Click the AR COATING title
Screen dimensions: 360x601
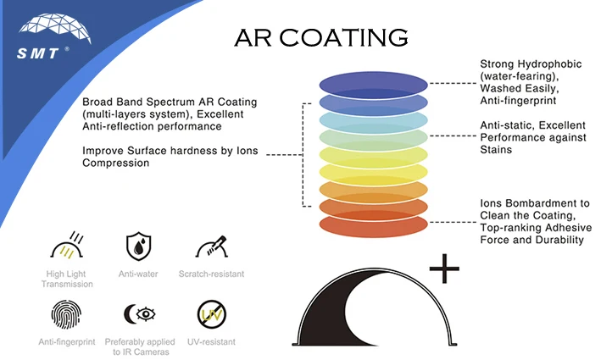tap(320, 38)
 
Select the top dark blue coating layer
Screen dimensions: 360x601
tap(373, 82)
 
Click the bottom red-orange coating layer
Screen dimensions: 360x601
tap(373, 226)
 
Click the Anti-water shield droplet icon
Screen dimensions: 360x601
tap(137, 246)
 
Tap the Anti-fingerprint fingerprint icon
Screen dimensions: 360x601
tap(66, 316)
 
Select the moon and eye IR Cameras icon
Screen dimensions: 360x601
tap(138, 315)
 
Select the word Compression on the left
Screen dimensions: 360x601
tap(115, 163)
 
